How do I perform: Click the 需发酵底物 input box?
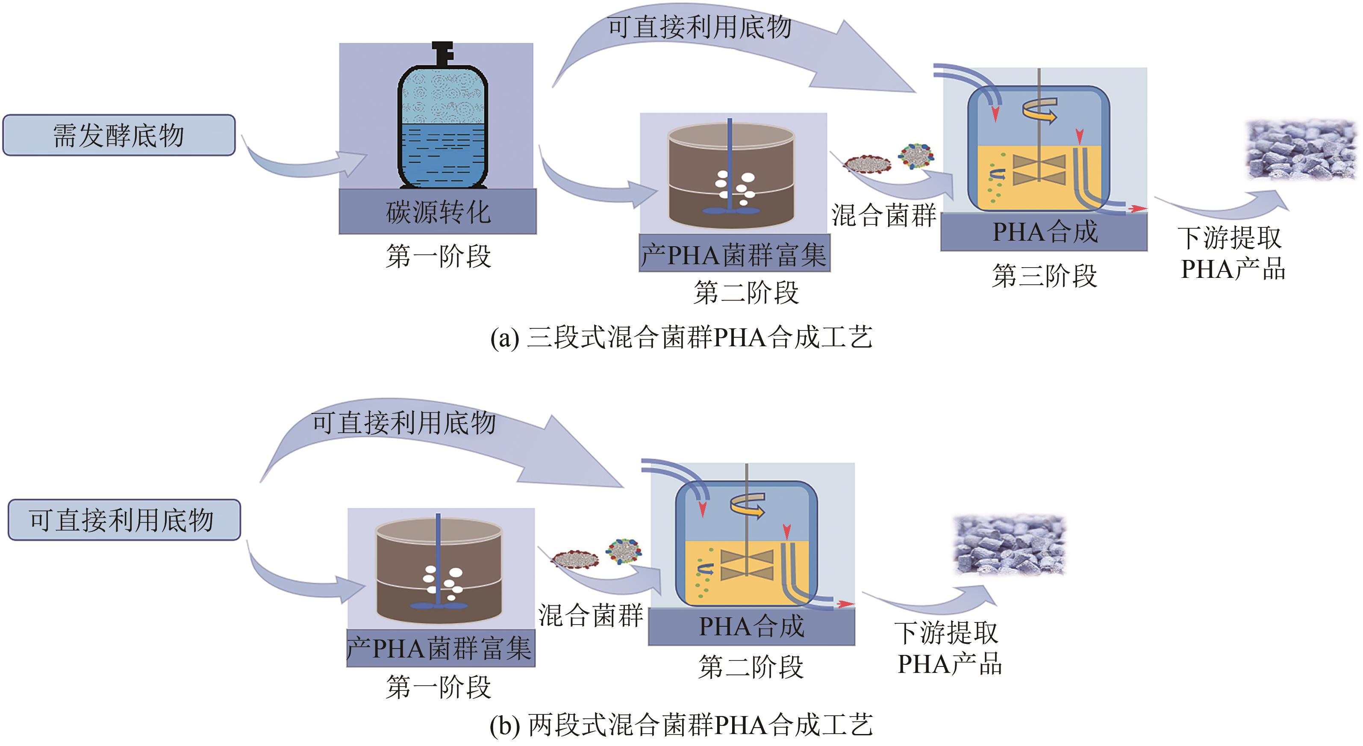(x=119, y=136)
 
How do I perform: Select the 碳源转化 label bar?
(x=438, y=212)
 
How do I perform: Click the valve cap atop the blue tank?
(x=443, y=53)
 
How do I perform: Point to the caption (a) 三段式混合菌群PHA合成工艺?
(x=681, y=337)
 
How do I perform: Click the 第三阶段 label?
(x=1045, y=276)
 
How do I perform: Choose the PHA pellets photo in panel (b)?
(x=1010, y=545)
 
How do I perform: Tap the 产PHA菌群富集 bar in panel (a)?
(x=734, y=254)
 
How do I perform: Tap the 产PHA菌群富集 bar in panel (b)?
(x=440, y=648)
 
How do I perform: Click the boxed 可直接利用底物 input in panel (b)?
(x=124, y=520)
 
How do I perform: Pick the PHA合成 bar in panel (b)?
(x=751, y=626)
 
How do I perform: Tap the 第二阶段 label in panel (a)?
(x=746, y=292)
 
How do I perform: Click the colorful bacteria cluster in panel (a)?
(x=916, y=156)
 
